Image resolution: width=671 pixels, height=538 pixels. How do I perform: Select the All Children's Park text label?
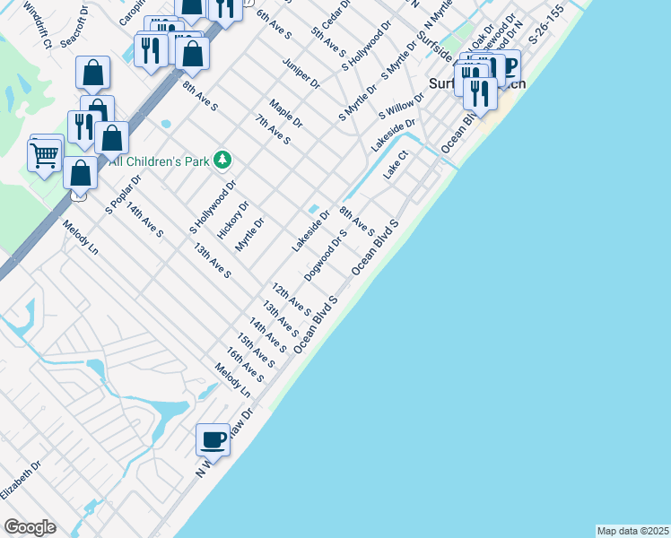click(x=159, y=161)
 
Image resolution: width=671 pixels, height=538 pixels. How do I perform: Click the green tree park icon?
click(x=222, y=161)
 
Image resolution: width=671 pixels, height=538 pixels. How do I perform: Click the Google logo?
click(x=30, y=527)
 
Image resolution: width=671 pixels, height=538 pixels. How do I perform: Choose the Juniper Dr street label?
click(x=301, y=74)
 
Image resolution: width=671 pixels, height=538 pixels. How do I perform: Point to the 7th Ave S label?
click(x=273, y=129)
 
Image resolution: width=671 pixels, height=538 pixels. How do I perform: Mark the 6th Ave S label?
click(x=274, y=24)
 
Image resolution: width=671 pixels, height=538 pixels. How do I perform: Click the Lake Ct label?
click(x=396, y=165)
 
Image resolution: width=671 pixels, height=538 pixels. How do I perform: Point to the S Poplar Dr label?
click(x=123, y=194)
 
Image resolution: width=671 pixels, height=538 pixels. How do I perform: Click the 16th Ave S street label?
click(x=244, y=365)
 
